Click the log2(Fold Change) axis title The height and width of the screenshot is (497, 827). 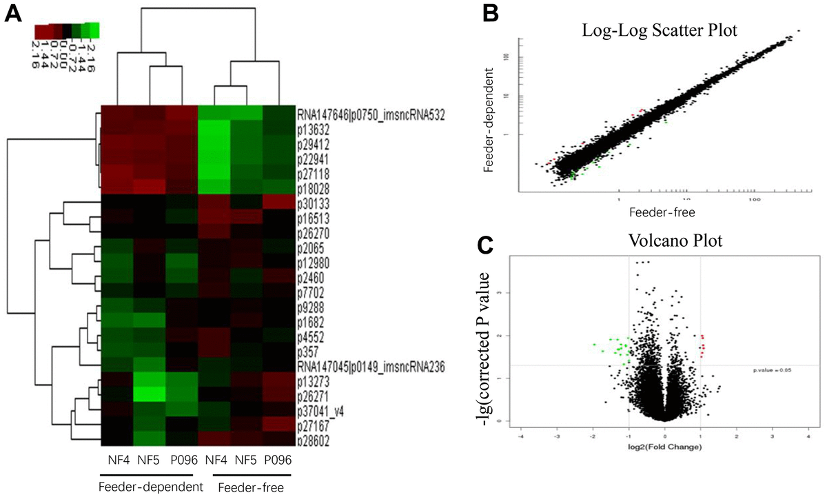point(664,447)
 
